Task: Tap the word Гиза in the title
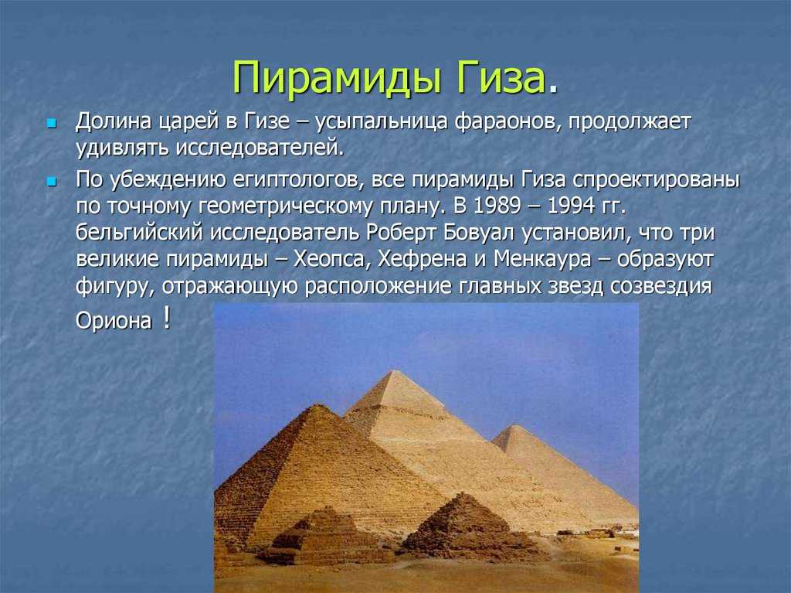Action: pos(501,77)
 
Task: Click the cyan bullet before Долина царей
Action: pos(50,123)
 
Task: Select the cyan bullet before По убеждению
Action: pos(50,181)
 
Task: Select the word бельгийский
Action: pos(140,233)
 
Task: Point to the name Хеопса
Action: pos(329,259)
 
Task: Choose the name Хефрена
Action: pos(423,259)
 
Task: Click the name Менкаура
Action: pos(542,259)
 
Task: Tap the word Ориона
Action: pos(114,321)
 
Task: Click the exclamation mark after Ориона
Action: pos(167,319)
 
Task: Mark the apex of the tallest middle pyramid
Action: pos(394,371)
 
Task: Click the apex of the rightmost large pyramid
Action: pos(515,426)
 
